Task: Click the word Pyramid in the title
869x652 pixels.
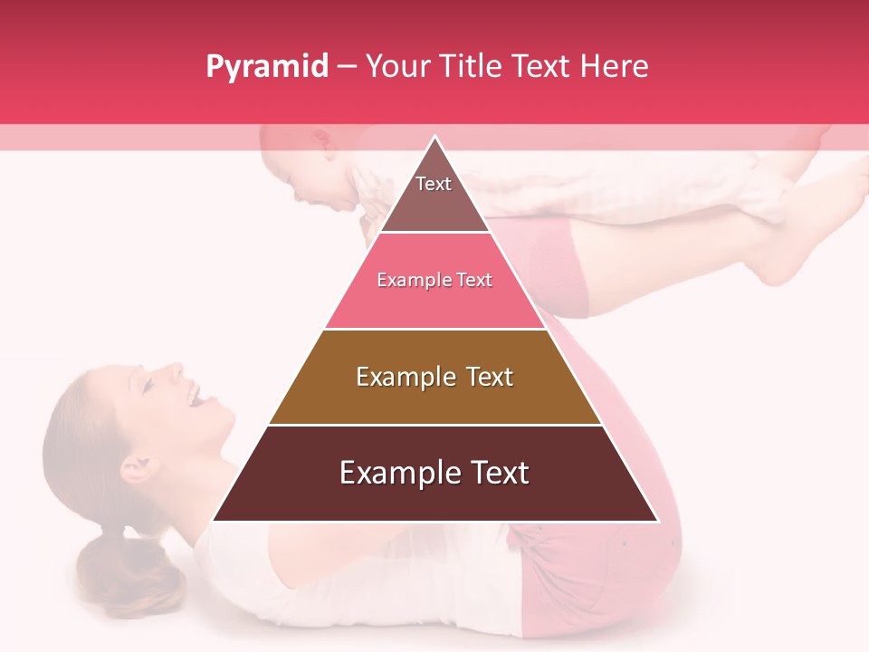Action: (266, 67)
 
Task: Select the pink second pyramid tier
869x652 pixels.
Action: (434, 281)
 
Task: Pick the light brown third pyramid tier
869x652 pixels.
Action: (434, 377)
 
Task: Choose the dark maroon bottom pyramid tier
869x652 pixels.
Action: (434, 474)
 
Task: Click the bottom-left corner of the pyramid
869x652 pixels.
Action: (215, 520)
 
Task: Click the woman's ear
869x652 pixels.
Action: (137, 469)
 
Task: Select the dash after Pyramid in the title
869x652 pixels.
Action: (346, 67)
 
